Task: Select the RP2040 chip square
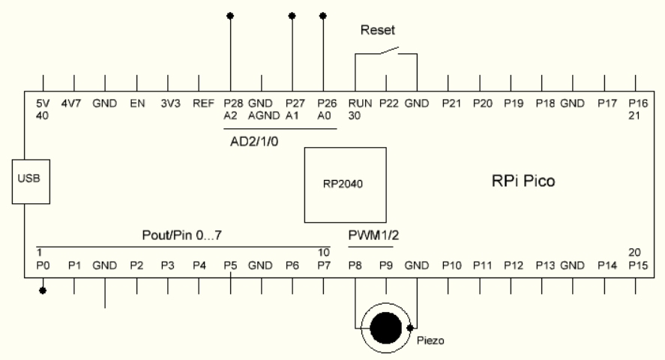(345, 184)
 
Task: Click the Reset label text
(376, 31)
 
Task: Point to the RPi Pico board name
(517, 181)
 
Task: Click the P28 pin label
(231, 103)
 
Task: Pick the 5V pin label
(43, 103)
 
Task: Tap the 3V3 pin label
(168, 103)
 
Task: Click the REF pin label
(199, 103)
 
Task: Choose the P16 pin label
(635, 103)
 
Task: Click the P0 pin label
(43, 265)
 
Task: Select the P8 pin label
(355, 265)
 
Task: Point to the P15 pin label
(635, 265)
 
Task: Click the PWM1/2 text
(373, 235)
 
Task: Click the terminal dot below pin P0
(43, 290)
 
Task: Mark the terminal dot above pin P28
(230, 14)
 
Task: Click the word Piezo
(430, 341)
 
